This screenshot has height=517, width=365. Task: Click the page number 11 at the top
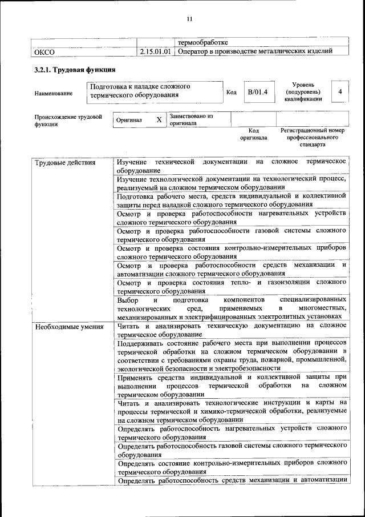(190, 19)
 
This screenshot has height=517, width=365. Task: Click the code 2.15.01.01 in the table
(155, 52)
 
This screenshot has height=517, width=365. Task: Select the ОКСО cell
(44, 52)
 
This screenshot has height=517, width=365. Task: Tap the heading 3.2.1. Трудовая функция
(75, 70)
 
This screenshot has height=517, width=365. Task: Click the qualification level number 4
(340, 91)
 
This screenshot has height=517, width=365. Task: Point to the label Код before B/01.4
(232, 92)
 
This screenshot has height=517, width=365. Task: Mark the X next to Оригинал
(159, 120)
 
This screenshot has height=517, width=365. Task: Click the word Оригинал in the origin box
(129, 120)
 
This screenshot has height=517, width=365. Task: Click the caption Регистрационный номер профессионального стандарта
(312, 138)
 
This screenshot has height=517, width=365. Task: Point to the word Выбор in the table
(128, 299)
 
